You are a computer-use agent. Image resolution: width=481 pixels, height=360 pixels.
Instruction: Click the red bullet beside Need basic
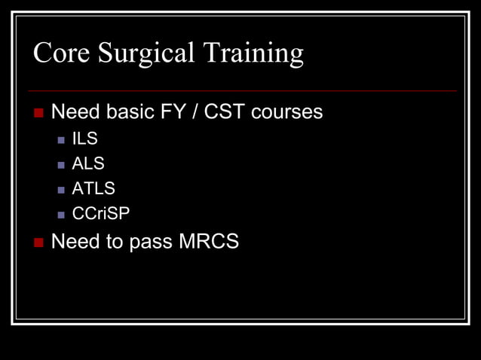[39, 113]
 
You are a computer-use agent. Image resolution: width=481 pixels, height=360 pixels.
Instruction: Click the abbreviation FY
[172, 112]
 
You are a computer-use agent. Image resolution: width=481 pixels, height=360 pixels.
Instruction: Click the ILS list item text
[84, 139]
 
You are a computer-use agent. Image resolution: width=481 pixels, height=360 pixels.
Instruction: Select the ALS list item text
[87, 163]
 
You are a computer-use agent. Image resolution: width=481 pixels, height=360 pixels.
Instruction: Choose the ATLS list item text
[93, 188]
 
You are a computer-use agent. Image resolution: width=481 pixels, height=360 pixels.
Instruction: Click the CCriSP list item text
[100, 214]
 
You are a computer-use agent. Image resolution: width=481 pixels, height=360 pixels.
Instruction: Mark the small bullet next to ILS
[61, 139]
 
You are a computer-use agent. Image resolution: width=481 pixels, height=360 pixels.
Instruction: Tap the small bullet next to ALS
[61, 164]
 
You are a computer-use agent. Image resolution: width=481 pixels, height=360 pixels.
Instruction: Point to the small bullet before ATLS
[61, 189]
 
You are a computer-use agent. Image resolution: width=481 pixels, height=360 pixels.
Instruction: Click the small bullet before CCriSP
[61, 215]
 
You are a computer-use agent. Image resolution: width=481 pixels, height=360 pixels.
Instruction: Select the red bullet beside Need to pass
[39, 243]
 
